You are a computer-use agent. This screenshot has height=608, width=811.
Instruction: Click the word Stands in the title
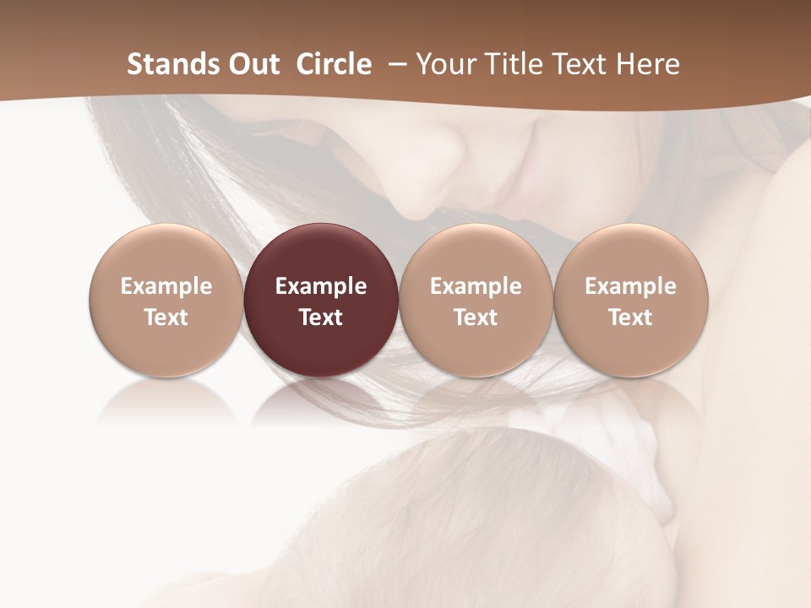click(166, 64)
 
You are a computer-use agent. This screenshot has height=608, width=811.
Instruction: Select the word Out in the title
click(251, 64)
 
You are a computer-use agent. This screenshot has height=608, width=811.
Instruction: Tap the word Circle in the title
click(334, 64)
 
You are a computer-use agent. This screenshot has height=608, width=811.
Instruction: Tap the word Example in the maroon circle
click(321, 286)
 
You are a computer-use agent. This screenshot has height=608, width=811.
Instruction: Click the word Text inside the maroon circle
click(321, 318)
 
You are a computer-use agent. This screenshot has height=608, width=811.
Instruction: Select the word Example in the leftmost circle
click(166, 286)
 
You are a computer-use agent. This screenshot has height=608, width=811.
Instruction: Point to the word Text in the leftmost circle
click(166, 318)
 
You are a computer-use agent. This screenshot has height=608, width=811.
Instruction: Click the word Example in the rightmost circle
click(630, 286)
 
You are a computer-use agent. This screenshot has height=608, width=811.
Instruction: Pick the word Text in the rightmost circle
click(630, 318)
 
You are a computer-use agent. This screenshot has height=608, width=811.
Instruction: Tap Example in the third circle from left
click(476, 286)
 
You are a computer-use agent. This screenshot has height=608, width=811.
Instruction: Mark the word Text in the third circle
click(476, 318)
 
